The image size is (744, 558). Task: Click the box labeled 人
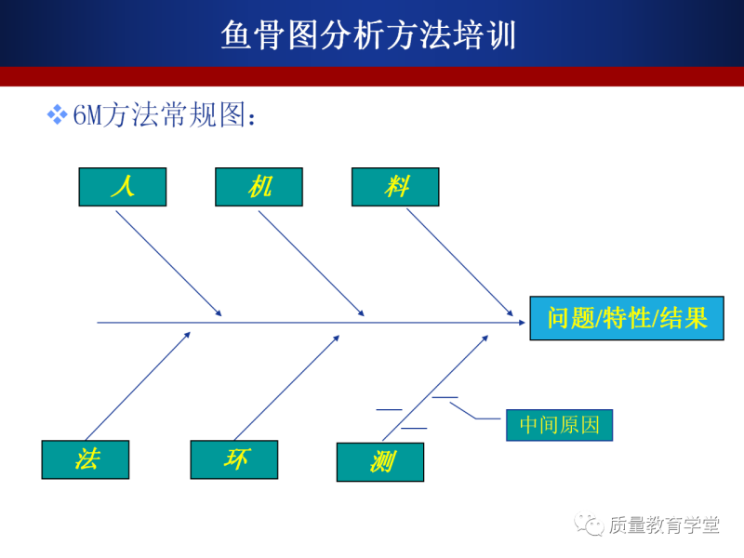tap(122, 187)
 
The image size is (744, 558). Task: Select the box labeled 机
tap(259, 187)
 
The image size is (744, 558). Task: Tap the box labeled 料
tap(395, 187)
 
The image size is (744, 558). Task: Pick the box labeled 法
tap(86, 459)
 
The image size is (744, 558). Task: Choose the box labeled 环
tap(234, 459)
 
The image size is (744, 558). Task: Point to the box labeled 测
tap(380, 462)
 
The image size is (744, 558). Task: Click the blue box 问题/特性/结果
tap(627, 318)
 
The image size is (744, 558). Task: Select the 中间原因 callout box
tap(560, 425)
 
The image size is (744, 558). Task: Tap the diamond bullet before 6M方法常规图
tap(57, 115)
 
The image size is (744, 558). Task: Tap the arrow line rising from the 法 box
tap(138, 385)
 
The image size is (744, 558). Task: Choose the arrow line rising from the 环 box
tap(286, 385)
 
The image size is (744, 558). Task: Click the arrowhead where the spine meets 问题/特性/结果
tap(518, 323)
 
